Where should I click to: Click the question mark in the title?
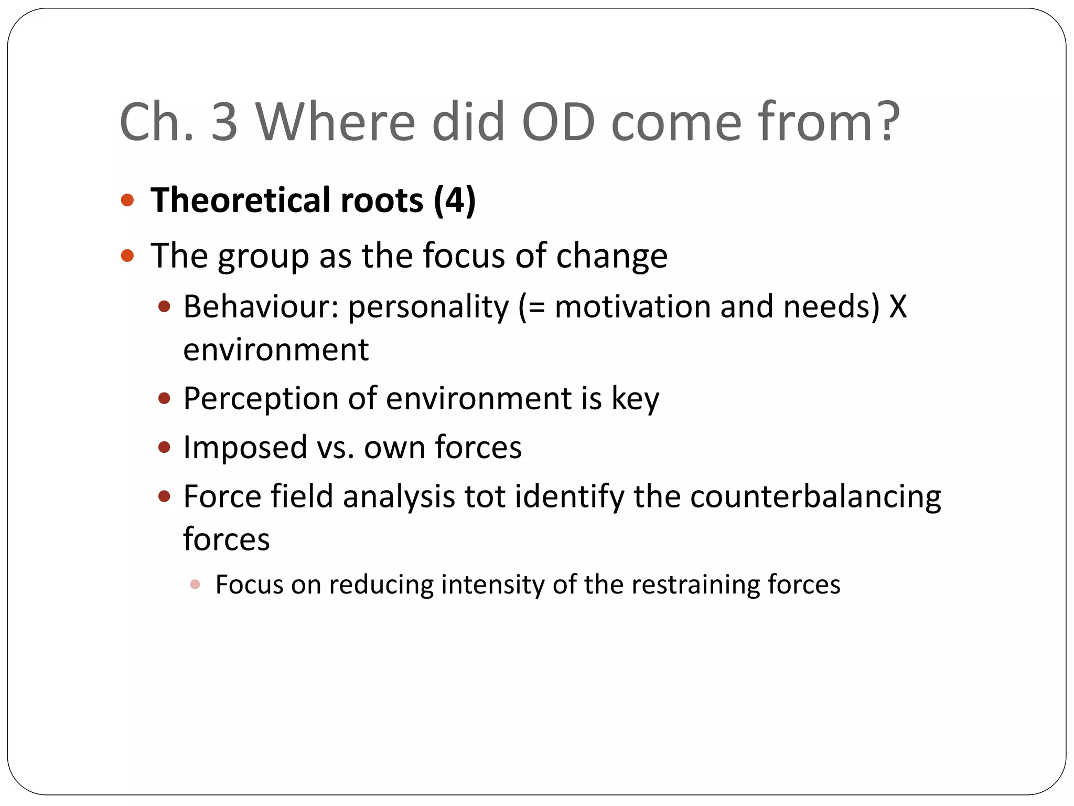click(x=885, y=122)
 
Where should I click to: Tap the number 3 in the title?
click(x=224, y=122)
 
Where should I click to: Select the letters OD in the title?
click(x=558, y=122)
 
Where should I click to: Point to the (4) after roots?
click(x=455, y=200)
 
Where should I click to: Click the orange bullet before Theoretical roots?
click(x=127, y=200)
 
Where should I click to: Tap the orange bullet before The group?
click(x=127, y=256)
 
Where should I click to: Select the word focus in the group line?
click(x=464, y=256)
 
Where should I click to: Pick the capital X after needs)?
click(x=897, y=306)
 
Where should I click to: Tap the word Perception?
click(x=261, y=399)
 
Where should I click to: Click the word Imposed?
click(x=245, y=448)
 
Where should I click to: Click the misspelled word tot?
click(x=484, y=496)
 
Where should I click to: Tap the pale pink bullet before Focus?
click(x=195, y=585)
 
